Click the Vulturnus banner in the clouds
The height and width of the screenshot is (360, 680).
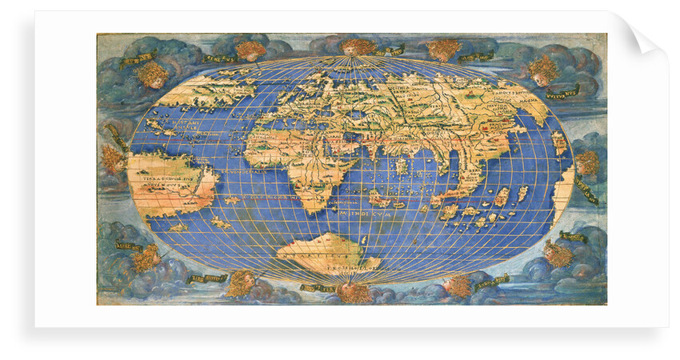point(562,93)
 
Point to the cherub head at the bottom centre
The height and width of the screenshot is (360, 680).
point(353,291)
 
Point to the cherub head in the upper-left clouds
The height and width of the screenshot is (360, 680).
point(153,74)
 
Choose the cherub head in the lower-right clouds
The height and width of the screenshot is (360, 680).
point(558,254)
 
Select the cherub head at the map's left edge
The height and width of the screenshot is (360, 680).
point(113,158)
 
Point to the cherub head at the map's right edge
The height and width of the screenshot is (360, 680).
point(588,163)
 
